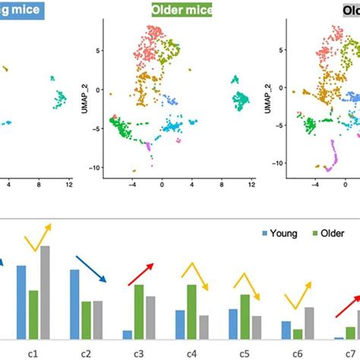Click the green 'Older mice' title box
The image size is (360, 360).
pyautogui.click(x=180, y=11)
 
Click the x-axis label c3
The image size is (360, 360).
pyautogui.click(x=138, y=352)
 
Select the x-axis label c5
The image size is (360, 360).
pyautogui.click(x=245, y=352)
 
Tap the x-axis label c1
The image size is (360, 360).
pyautogui.click(x=33, y=352)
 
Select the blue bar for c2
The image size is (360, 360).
pyautogui.click(x=74, y=305)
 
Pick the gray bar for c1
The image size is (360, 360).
pyautogui.click(x=45, y=292)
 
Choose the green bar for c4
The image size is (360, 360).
pyautogui.click(x=192, y=311)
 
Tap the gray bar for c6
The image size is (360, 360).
pyautogui.click(x=309, y=323)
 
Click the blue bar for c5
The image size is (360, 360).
pyautogui.click(x=232, y=324)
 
